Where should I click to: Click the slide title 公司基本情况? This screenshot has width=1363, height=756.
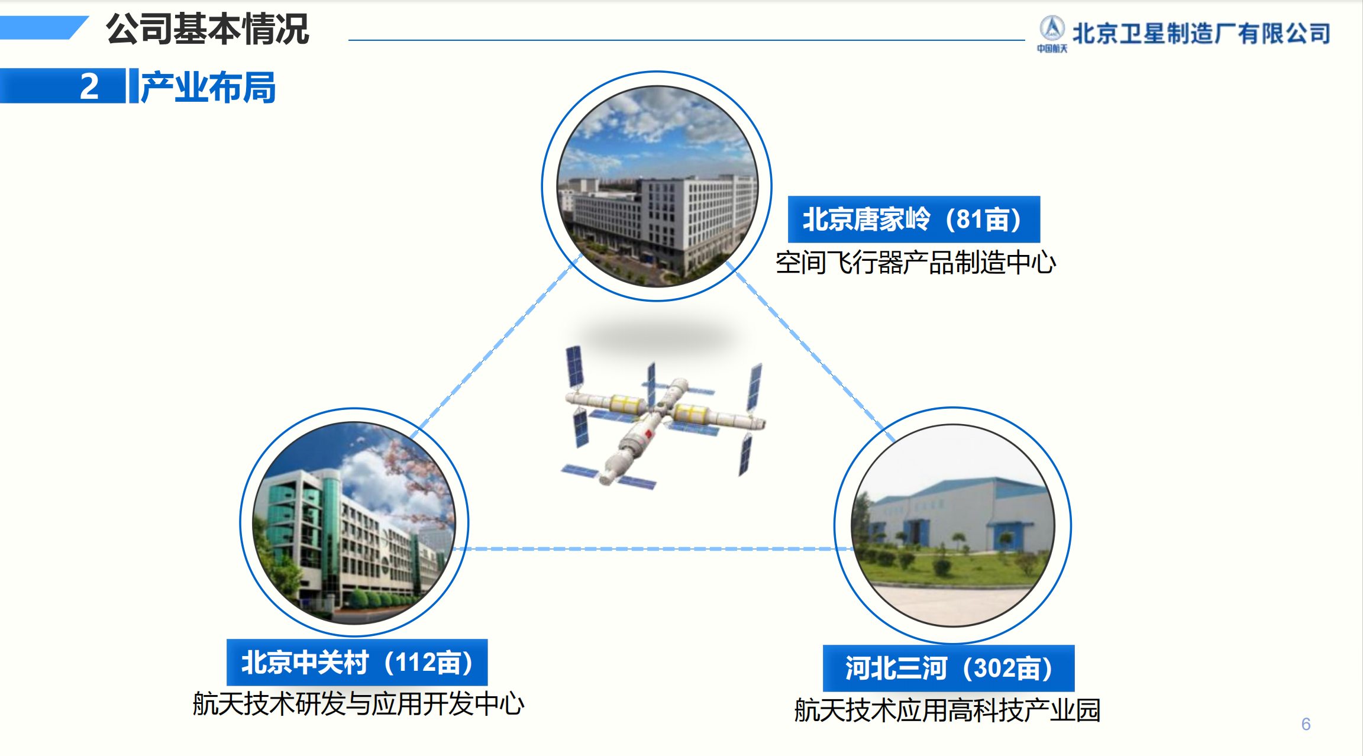207,28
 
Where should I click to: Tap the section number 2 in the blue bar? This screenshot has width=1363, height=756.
89,86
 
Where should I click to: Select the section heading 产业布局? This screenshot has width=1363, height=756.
208,87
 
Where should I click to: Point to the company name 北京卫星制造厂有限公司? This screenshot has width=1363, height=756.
1201,33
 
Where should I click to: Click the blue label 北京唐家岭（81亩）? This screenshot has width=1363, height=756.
914,219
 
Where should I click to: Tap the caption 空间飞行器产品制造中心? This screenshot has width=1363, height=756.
916,262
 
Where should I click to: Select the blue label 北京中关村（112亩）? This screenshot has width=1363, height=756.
357,662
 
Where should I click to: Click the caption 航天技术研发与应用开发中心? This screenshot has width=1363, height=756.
358,704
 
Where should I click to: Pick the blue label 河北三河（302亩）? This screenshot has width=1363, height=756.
949,668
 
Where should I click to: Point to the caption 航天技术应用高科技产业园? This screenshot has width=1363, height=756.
947,710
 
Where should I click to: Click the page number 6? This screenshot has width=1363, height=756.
1306,724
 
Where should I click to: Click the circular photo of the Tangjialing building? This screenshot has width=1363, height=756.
657,186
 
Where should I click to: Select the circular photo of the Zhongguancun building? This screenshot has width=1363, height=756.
354,523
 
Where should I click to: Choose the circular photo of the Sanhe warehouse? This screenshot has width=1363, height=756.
953,525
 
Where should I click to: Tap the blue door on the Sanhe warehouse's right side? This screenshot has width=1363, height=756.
1004,538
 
